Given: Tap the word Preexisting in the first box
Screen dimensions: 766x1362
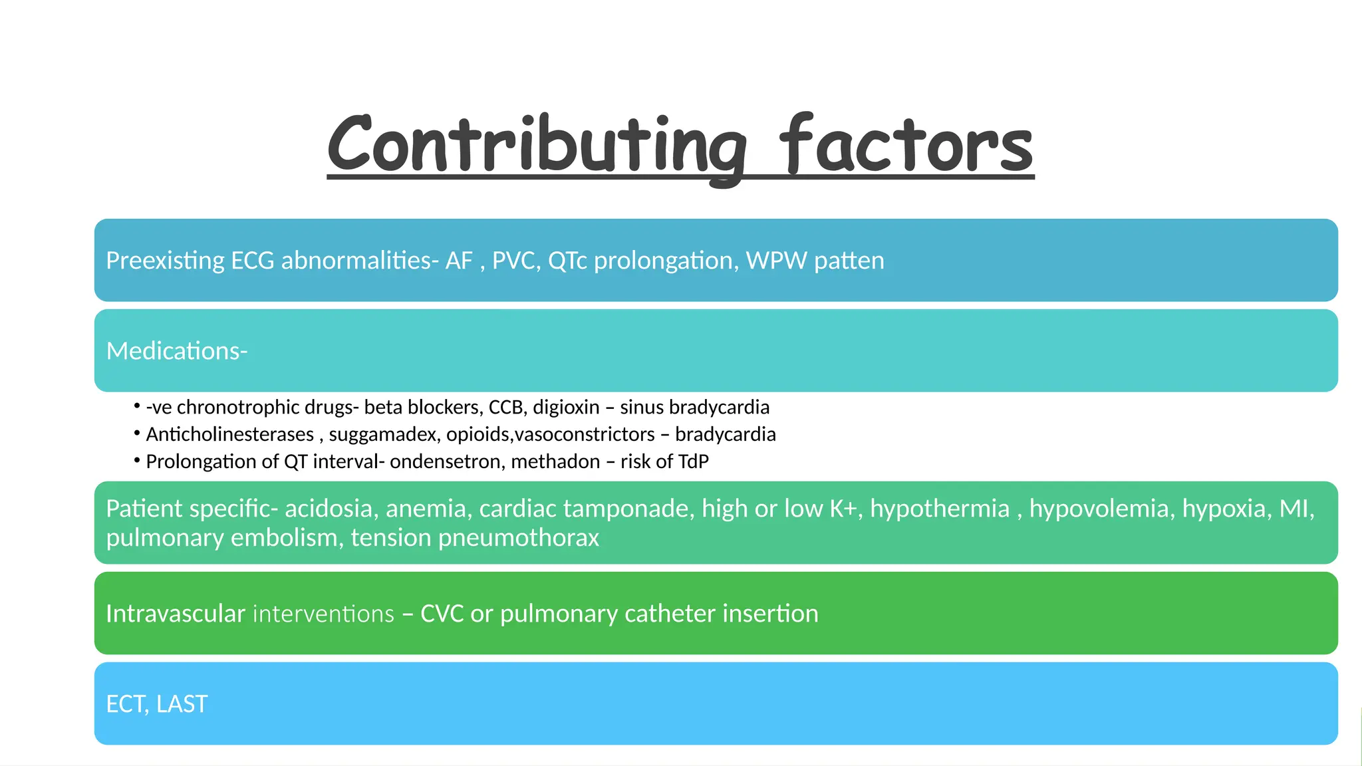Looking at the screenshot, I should pyautogui.click(x=165, y=261).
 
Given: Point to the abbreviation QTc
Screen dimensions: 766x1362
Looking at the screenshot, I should pyautogui.click(x=567, y=261).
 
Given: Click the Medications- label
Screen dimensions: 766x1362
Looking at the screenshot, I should pyautogui.click(x=177, y=351).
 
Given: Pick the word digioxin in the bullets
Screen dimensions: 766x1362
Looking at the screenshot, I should pyautogui.click(x=566, y=407).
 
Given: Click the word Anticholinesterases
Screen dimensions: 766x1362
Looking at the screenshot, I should pyautogui.click(x=229, y=434).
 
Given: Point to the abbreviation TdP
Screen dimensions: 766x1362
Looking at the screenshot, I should pyautogui.click(x=693, y=461).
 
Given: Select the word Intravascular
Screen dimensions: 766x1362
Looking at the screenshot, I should pyautogui.click(x=176, y=614).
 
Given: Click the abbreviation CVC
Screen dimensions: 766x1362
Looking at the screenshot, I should pyautogui.click(x=442, y=614).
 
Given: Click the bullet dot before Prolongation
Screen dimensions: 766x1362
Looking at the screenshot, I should pyautogui.click(x=136, y=459).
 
